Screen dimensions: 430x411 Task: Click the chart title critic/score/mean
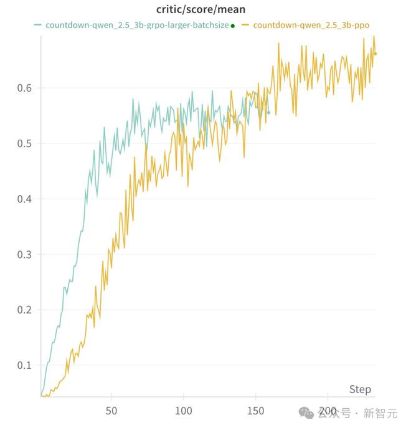tap(201, 10)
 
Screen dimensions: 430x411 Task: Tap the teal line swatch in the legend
tap(38, 26)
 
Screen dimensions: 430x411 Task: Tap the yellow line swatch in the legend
tap(246, 26)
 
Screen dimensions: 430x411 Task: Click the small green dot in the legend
tap(233, 26)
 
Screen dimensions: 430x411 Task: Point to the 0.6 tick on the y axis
tap(25, 88)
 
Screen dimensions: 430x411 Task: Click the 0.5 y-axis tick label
tap(25, 144)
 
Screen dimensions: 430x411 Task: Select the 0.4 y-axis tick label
tap(25, 199)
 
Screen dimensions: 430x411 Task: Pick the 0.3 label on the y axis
tap(25, 255)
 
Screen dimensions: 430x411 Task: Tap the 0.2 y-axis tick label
tap(25, 310)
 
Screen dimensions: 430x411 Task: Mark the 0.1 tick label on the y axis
tap(25, 365)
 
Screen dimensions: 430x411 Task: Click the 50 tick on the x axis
tap(111, 411)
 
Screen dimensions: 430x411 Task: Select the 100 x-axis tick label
tap(183, 411)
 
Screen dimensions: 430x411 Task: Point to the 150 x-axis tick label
tap(256, 411)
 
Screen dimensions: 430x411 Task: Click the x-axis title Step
tap(360, 389)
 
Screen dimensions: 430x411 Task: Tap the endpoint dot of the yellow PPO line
tap(375, 54)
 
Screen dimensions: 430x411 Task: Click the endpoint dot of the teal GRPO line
tap(269, 112)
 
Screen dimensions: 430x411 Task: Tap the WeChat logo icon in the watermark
tap(308, 413)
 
